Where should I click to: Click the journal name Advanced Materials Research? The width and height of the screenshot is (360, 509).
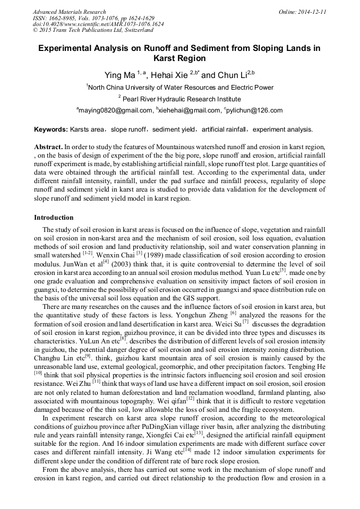pyautogui.click(x=69, y=12)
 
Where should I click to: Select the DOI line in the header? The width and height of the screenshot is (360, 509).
pyautogui.click(x=98, y=24)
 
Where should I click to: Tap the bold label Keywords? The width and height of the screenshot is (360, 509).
pyautogui.click(x=51, y=129)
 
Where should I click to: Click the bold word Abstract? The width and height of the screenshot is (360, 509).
pyautogui.click(x=48, y=146)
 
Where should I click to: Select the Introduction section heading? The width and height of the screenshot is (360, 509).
pyautogui.click(x=54, y=217)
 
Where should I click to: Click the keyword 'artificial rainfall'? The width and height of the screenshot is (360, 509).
pyautogui.click(x=224, y=129)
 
